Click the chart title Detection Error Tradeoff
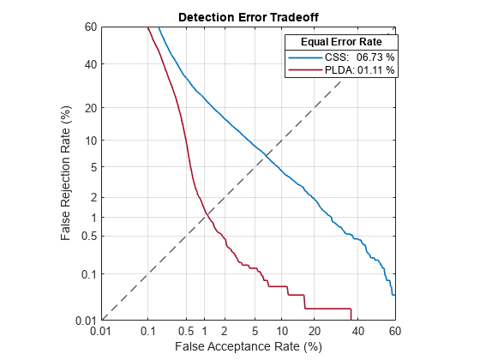click(248, 17)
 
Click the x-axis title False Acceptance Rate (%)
click(248, 346)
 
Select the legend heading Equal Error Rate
click(340, 41)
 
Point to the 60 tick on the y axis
click(88, 27)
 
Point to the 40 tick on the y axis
click(88, 63)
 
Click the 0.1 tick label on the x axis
click(147, 331)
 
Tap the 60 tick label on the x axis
click(394, 331)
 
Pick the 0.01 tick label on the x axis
click(101, 331)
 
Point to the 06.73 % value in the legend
click(375, 57)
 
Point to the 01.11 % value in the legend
click(375, 70)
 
